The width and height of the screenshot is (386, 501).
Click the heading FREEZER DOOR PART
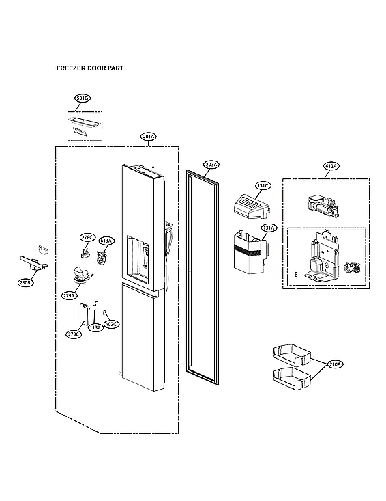(89, 69)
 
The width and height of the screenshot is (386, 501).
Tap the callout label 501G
(83, 99)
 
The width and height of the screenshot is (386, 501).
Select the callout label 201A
(149, 137)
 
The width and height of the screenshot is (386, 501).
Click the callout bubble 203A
(211, 165)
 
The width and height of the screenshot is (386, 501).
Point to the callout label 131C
(263, 186)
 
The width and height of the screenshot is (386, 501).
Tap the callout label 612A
(331, 166)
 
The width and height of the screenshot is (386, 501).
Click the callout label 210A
(334, 364)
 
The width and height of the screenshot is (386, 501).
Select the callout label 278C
(87, 237)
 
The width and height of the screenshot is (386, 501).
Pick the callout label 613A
(106, 241)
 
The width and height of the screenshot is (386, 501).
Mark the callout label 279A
(69, 295)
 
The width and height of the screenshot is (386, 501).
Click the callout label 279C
(73, 334)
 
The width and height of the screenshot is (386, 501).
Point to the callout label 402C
(110, 324)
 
